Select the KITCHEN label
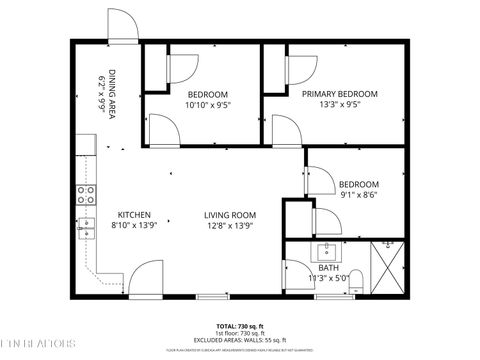coord(134,215)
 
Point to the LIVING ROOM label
coord(230,215)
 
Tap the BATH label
coord(329,268)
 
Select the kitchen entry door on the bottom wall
coord(147,279)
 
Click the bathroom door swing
coord(298,277)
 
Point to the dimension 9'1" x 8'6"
coord(358,196)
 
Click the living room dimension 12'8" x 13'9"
coord(230,227)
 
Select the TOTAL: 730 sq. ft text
coord(239,326)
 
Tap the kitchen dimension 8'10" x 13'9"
coord(134,227)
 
